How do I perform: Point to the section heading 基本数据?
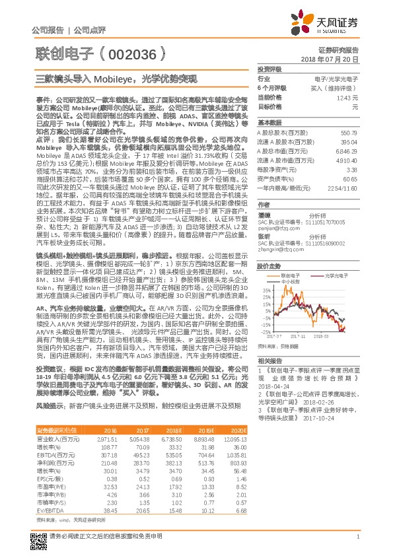coord(269,122)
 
